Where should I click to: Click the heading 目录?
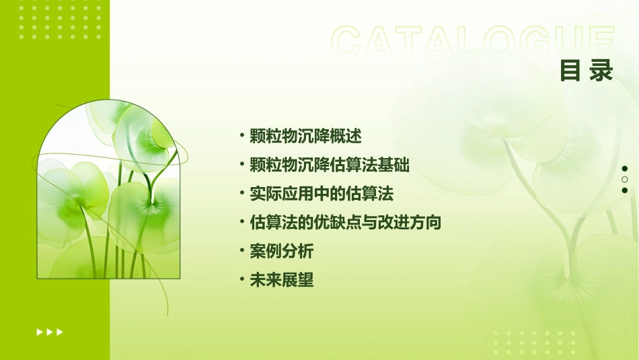click(x=587, y=71)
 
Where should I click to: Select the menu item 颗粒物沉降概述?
click(x=305, y=136)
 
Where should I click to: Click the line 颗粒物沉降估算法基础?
click(x=330, y=165)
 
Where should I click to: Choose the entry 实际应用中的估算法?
click(x=321, y=194)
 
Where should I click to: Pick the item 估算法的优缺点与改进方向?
click(x=345, y=222)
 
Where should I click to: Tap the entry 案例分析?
click(x=281, y=252)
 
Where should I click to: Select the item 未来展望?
click(x=281, y=281)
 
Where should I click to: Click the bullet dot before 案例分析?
click(x=242, y=251)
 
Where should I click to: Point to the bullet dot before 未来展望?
click(x=242, y=280)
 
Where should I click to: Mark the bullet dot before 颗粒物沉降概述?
click(x=242, y=135)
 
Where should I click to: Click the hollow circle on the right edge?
click(x=625, y=180)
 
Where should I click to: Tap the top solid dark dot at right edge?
click(x=625, y=168)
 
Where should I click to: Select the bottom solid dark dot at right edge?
click(x=625, y=190)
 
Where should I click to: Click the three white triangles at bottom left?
click(x=50, y=332)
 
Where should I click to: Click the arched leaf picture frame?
click(x=108, y=192)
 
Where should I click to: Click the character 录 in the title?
click(x=601, y=71)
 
